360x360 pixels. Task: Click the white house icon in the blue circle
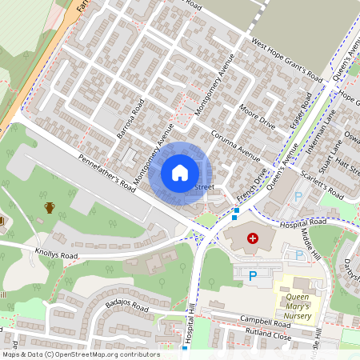[180, 172]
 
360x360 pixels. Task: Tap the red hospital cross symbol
[254, 238]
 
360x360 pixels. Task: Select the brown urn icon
[50, 208]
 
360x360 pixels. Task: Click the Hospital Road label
[303, 222]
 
